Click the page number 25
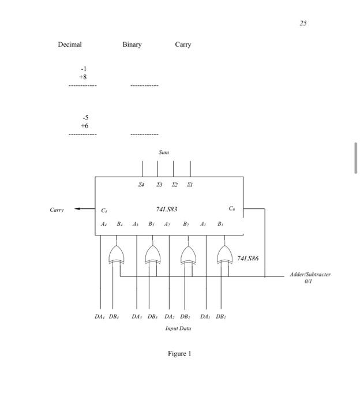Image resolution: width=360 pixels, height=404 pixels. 303,23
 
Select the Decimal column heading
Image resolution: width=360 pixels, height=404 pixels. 70,44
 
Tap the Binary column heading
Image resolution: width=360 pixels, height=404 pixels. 132,44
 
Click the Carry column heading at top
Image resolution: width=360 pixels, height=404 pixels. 183,44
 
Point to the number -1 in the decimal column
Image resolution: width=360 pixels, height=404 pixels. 84,68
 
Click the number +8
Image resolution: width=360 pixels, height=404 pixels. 84,76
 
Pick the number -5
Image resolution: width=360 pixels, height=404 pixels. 84,117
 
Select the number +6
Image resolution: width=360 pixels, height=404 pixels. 84,125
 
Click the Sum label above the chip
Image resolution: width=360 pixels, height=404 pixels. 164,152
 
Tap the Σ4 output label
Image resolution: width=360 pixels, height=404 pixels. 141,185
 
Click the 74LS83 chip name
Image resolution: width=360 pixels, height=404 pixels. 167,209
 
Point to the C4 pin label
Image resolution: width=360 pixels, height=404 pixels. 104,211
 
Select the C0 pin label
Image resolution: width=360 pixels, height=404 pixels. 231,208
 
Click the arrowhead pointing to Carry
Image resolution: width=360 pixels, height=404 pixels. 77,210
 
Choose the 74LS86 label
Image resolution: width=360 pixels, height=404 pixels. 247,259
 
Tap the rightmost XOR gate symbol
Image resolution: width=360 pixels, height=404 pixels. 224,254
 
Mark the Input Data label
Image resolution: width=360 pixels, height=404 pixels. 178,328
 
